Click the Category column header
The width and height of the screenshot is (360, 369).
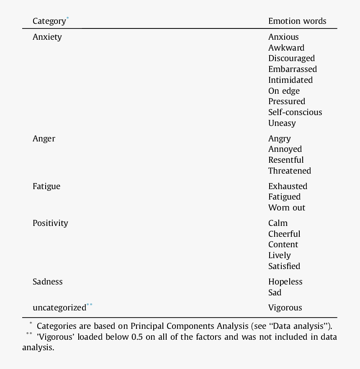click(49, 21)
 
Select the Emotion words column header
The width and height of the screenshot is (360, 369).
click(297, 21)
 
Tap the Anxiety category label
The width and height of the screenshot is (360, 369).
click(47, 37)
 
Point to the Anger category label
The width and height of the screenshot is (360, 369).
click(44, 138)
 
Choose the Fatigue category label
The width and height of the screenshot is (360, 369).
click(46, 186)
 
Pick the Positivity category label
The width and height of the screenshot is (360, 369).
click(50, 223)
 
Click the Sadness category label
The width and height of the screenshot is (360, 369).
click(48, 282)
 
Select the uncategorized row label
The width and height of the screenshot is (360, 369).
click(59, 307)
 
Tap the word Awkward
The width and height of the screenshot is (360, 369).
click(286, 48)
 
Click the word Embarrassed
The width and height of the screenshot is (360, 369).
click(293, 69)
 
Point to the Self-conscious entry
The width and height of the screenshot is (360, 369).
click(295, 112)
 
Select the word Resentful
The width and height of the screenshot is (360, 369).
click(286, 160)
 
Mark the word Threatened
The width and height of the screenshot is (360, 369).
click(290, 171)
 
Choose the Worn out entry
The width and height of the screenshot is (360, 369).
click(287, 208)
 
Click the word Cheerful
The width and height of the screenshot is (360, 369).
click(284, 234)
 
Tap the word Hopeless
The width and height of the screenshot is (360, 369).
click(285, 282)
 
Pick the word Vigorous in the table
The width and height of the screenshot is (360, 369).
click(285, 307)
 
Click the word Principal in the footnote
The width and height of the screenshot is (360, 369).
click(147, 326)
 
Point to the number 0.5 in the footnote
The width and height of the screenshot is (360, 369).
click(137, 337)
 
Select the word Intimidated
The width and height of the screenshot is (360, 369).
click(291, 80)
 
